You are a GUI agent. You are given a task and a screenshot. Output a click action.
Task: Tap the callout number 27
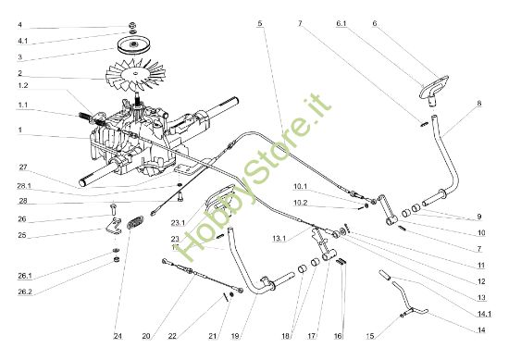pyautogui.click(x=23, y=168)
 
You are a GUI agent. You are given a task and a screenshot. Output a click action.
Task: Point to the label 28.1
pyautogui.click(x=25, y=186)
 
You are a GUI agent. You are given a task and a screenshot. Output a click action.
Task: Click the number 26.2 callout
pyautogui.click(x=25, y=292)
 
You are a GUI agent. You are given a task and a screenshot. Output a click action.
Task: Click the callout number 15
pyautogui.click(x=397, y=334)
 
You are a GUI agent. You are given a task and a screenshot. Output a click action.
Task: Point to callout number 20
pyautogui.click(x=145, y=334)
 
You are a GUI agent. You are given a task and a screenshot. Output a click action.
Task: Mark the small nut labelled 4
pyautogui.click(x=135, y=25)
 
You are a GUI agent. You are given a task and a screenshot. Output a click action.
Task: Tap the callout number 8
pyautogui.click(x=479, y=105)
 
